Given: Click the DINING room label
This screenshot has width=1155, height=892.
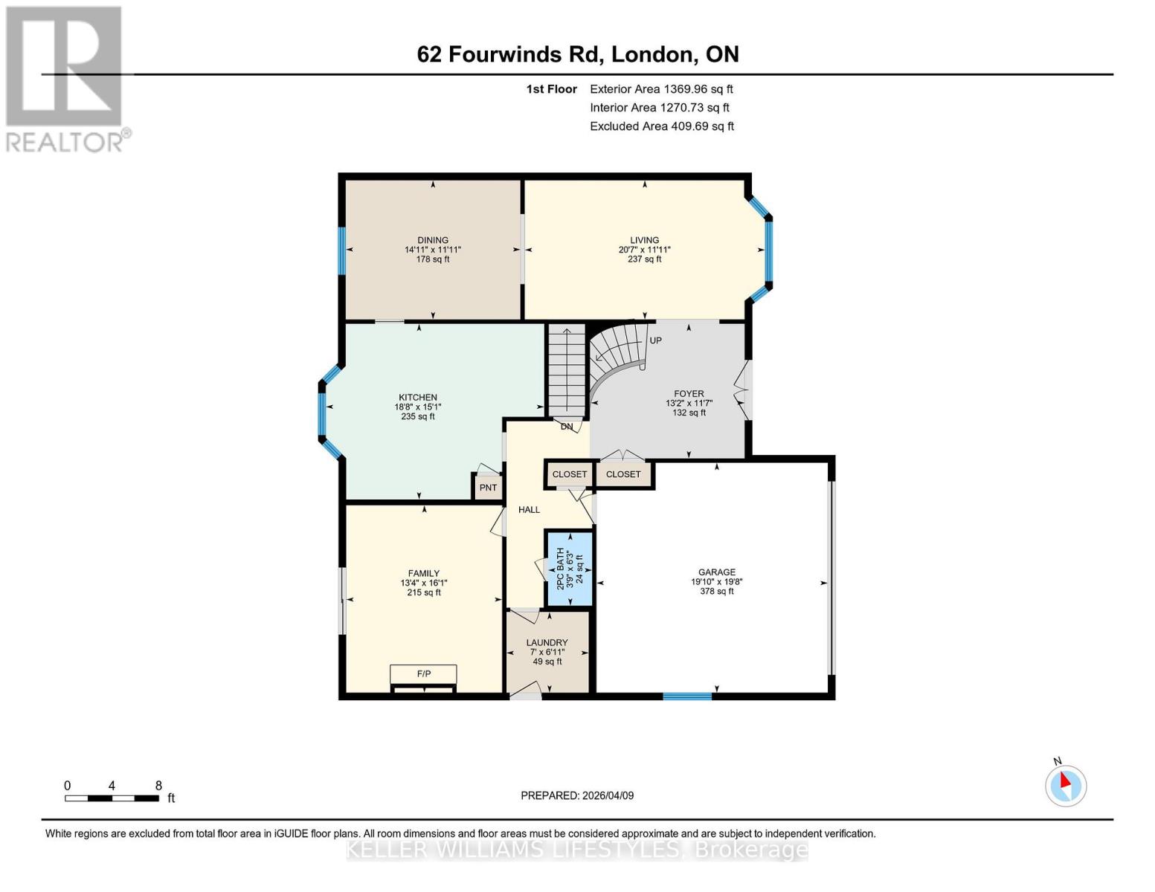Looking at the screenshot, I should click(x=432, y=240).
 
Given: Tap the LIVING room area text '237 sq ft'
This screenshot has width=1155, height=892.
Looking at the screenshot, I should click(x=644, y=259).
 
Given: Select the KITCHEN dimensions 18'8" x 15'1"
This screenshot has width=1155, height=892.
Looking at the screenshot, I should click(x=417, y=407).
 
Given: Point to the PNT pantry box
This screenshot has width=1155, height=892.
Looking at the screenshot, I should click(x=488, y=488).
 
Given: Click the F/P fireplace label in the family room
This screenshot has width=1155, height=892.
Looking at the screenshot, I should click(x=423, y=674).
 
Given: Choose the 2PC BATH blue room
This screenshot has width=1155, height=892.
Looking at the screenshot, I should click(x=570, y=569).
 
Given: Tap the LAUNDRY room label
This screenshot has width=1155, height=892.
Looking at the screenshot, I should click(x=547, y=643).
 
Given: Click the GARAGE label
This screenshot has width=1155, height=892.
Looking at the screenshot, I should click(x=716, y=572).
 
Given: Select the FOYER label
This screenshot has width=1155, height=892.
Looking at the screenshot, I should click(x=689, y=394).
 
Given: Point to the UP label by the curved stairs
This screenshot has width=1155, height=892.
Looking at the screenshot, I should click(x=655, y=340).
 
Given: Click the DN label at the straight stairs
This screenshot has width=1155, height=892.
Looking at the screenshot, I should click(x=567, y=427).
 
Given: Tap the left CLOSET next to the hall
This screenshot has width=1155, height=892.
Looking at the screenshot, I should click(x=570, y=474).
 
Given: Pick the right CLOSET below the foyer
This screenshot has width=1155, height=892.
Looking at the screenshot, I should click(x=623, y=474).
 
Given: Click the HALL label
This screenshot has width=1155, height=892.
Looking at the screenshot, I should click(x=529, y=510).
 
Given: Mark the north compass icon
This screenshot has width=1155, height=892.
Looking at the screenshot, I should click(x=1066, y=785).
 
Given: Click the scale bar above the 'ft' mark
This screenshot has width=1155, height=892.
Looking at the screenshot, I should click(x=112, y=798).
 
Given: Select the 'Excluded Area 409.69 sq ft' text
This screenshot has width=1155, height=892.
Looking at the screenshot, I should click(x=661, y=126).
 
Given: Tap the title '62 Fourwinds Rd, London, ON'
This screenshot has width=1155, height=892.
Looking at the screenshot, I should click(x=578, y=54).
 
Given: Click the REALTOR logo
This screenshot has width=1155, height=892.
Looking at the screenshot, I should click(x=65, y=79).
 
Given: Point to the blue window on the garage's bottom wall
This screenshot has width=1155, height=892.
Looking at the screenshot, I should click(x=687, y=697).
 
